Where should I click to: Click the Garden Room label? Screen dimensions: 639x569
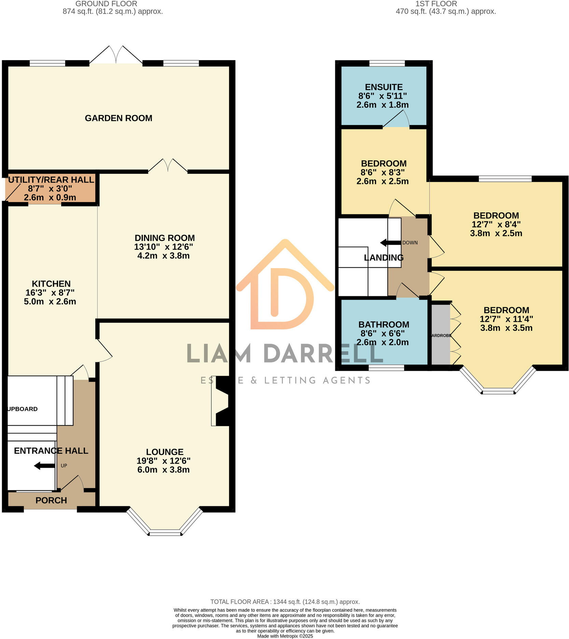point(118,118)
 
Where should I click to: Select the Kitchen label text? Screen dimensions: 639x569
point(51,284)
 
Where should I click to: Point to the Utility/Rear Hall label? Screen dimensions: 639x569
point(51,180)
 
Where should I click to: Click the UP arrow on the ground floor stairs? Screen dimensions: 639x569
point(44,466)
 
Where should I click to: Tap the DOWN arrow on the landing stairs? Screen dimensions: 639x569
point(390,243)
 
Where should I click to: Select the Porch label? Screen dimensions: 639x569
point(51,500)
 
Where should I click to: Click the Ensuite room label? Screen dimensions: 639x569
point(384,87)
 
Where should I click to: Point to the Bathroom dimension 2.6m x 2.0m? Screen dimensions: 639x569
point(382,342)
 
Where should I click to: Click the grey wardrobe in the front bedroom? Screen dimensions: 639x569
point(441,335)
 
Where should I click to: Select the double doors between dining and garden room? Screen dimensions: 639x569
point(168,166)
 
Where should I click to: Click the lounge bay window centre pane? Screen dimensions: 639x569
point(165,533)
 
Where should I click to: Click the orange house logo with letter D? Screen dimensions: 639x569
point(285,287)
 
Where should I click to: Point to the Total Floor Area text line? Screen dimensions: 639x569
point(285,602)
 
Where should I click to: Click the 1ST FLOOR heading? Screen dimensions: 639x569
point(436,4)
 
